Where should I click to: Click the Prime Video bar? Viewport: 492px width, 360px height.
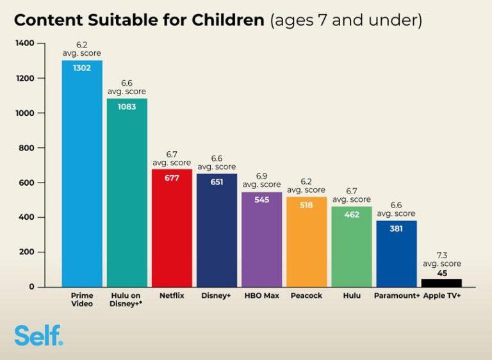pyautogui.click(x=82, y=174)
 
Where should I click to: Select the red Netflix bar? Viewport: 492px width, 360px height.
pyautogui.click(x=172, y=228)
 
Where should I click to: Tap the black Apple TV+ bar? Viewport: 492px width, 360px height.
pyautogui.click(x=441, y=283)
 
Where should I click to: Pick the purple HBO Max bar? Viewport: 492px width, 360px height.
pyautogui.click(x=261, y=240)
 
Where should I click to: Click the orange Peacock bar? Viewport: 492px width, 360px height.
pyautogui.click(x=307, y=242)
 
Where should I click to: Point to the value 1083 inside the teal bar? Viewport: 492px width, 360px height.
pyautogui.click(x=127, y=107)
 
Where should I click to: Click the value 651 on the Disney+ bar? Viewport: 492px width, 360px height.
pyautogui.click(x=217, y=182)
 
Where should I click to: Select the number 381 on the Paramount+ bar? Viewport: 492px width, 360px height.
pyautogui.click(x=397, y=229)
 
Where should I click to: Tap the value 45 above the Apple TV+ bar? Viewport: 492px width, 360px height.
pyautogui.click(x=442, y=274)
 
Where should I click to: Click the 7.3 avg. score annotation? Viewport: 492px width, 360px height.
pyautogui.click(x=442, y=259)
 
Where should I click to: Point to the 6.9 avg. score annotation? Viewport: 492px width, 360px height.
pyautogui.click(x=261, y=180)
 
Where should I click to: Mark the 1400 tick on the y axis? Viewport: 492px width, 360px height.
pyautogui.click(x=25, y=43)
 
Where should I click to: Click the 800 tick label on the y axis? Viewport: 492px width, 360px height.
pyautogui.click(x=26, y=147)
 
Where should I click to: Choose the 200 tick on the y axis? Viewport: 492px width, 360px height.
pyautogui.click(x=26, y=252)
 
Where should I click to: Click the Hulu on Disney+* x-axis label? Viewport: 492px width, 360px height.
pyautogui.click(x=126, y=300)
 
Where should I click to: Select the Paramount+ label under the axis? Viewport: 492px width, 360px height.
pyautogui.click(x=397, y=296)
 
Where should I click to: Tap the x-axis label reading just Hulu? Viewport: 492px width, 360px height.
pyautogui.click(x=352, y=296)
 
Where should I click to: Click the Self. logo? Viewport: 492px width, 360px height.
pyautogui.click(x=38, y=335)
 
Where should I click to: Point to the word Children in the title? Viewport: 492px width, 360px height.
pyautogui.click(x=228, y=20)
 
